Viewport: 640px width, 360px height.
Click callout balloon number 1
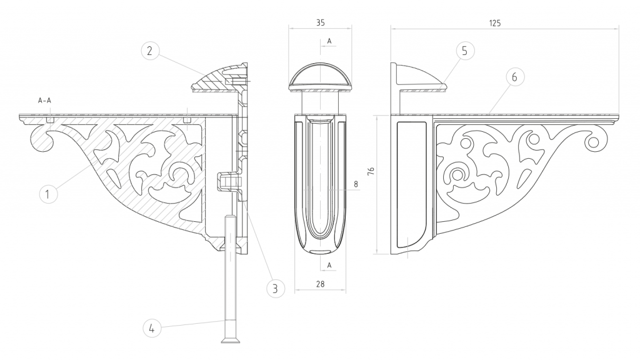pyautogui.click(x=48, y=194)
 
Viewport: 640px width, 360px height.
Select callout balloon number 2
pyautogui.click(x=150, y=51)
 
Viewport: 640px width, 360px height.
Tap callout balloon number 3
pyautogui.click(x=275, y=289)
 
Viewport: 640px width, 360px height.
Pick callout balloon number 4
pyautogui.click(x=152, y=328)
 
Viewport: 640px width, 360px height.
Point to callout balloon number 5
pyautogui.click(x=464, y=51)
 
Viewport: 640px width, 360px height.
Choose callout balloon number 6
pyautogui.click(x=514, y=77)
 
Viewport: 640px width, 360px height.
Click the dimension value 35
pyautogui.click(x=321, y=23)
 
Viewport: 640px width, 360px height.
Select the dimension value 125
pyautogui.click(x=495, y=23)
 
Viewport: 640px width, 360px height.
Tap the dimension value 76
pyautogui.click(x=371, y=171)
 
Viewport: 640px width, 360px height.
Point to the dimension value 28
pyautogui.click(x=321, y=284)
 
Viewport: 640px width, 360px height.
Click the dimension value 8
pyautogui.click(x=356, y=184)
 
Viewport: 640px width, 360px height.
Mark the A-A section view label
pyautogui.click(x=44, y=101)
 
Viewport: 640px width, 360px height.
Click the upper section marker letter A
pyautogui.click(x=329, y=41)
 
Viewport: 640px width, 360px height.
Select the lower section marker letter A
pyautogui.click(x=329, y=265)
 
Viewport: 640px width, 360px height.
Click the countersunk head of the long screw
pyautogui.click(x=231, y=340)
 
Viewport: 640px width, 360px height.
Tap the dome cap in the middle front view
pyautogui.click(x=321, y=76)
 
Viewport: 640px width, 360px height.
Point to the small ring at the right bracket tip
pyautogui.click(x=594, y=142)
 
